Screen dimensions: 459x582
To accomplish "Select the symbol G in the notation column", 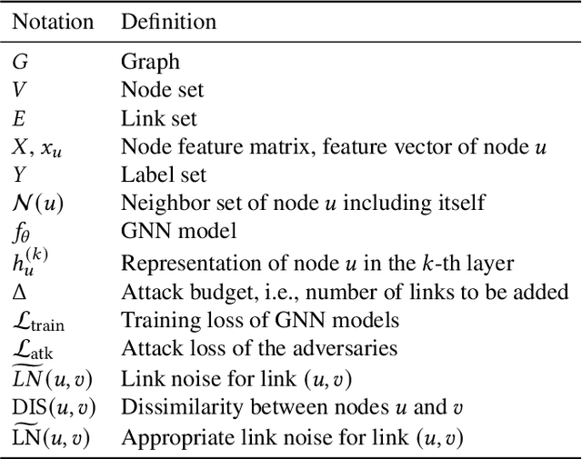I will [x=18, y=63].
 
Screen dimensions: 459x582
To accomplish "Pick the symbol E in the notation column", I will [x=18, y=118].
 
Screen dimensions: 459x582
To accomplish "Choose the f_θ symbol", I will [x=21, y=231].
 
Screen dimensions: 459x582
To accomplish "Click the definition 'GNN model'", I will [x=166, y=231].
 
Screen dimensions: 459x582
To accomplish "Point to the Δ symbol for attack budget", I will [x=17, y=292].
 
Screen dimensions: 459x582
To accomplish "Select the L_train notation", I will [x=37, y=321].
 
